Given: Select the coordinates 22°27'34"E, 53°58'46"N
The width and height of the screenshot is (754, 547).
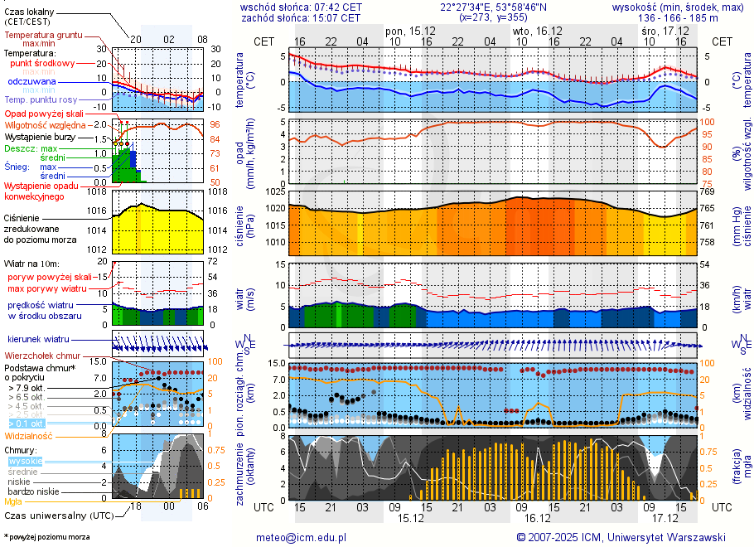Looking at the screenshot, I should pos(488,7).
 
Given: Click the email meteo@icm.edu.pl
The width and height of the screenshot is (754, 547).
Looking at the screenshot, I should pos(301,537).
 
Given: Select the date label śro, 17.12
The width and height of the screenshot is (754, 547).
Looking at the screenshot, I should pos(665,30).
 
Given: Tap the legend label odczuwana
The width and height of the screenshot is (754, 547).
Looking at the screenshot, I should pos(31,82).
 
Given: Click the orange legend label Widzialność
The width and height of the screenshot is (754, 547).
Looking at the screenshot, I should pos(28,435).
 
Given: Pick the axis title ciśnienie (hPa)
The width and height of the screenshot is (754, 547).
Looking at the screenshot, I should pos(245,223).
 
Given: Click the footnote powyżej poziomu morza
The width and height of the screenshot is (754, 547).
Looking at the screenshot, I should pos(48,537).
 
